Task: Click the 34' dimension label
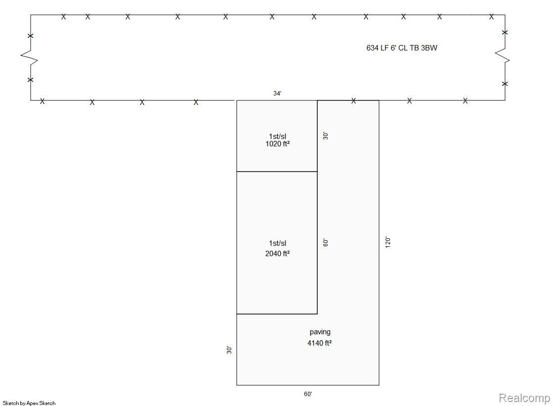tap(277, 93)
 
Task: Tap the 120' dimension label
tap(388, 242)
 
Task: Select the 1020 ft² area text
tap(278, 144)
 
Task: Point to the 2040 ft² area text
tap(278, 254)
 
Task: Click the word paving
tap(320, 332)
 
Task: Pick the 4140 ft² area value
tap(320, 343)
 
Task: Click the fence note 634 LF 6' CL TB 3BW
tap(402, 47)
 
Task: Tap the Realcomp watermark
tap(524, 398)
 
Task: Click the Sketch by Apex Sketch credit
tap(29, 403)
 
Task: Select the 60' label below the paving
tap(308, 394)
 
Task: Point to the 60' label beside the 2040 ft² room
tap(326, 242)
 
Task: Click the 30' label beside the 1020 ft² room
tap(326, 136)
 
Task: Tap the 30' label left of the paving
tap(229, 350)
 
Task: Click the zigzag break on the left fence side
tap(29, 57)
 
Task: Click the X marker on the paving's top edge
tap(353, 100)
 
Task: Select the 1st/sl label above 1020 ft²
tap(278, 136)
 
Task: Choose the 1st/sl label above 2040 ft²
tap(278, 243)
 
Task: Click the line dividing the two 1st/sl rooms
tap(277, 172)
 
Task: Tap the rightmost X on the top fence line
tap(491, 17)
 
